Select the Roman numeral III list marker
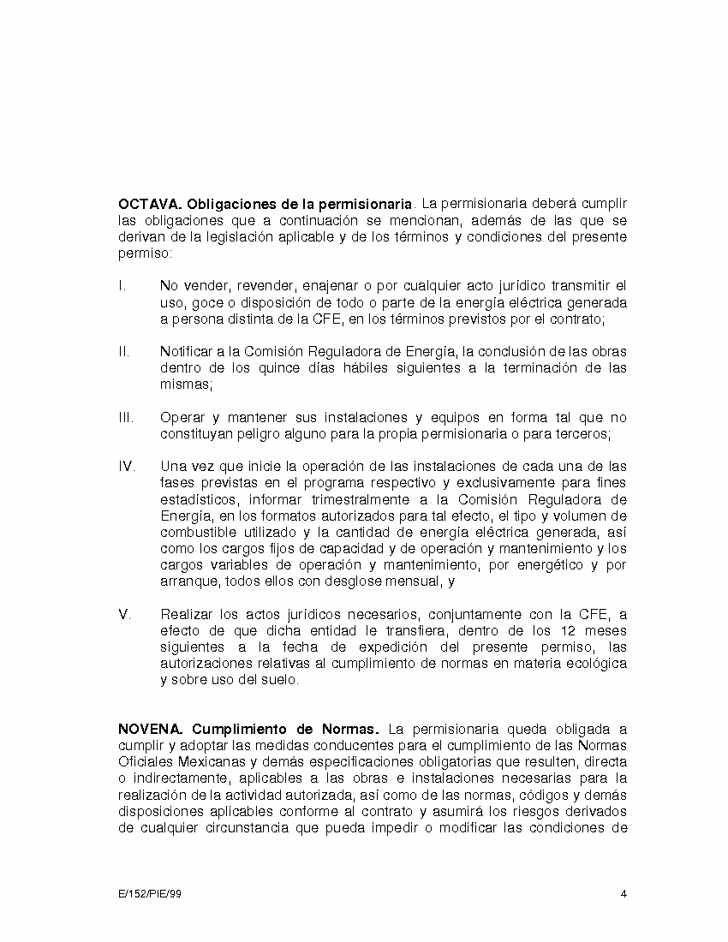126,418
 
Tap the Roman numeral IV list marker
126,467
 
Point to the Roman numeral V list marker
124,614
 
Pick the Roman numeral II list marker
124,352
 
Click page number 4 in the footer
624,895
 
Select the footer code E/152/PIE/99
150,895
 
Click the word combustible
198,532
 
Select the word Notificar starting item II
188,352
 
